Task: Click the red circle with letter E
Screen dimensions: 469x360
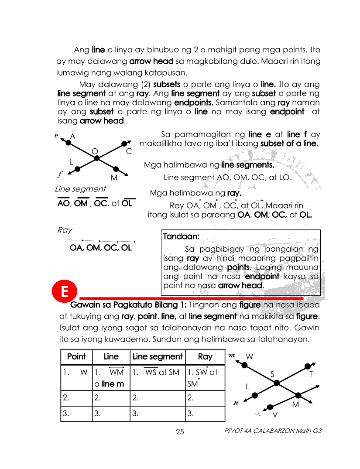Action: click(64, 292)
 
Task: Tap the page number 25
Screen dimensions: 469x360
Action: click(180, 432)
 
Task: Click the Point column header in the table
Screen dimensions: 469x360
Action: click(76, 356)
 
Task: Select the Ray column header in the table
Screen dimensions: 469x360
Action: click(205, 356)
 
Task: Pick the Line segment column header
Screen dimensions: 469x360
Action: click(157, 356)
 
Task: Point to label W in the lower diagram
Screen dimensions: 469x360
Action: click(249, 356)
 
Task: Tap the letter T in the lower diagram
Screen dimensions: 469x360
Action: click(311, 374)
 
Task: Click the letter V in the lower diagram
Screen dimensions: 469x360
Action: click(275, 414)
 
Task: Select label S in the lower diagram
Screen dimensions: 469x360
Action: click(272, 374)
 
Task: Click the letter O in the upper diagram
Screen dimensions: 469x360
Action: click(94, 151)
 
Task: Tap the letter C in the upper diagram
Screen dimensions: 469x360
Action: click(129, 151)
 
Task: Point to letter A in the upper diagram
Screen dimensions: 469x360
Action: click(72, 137)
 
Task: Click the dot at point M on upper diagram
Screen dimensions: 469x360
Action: click(116, 169)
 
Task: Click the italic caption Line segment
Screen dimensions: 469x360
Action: click(80, 189)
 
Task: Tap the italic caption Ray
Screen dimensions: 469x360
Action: click(65, 230)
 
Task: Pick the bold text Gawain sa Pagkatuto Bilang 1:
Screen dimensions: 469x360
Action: click(129, 304)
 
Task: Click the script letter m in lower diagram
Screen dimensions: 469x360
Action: click(232, 356)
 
